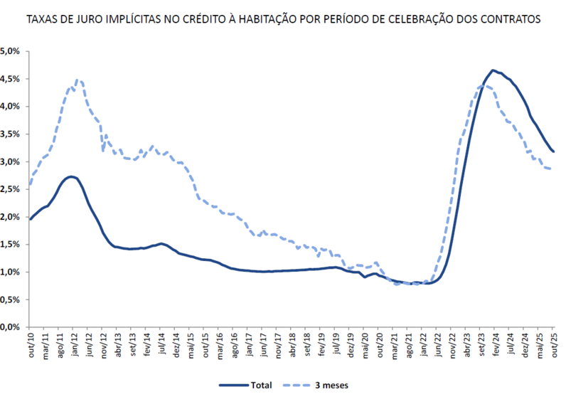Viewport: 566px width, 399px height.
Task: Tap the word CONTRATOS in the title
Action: point(509,17)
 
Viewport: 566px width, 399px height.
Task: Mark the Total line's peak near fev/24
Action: point(493,70)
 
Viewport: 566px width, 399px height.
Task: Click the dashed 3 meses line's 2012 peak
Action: point(78,80)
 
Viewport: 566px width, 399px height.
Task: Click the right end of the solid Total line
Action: point(554,151)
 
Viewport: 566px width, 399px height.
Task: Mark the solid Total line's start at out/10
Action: point(31,219)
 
